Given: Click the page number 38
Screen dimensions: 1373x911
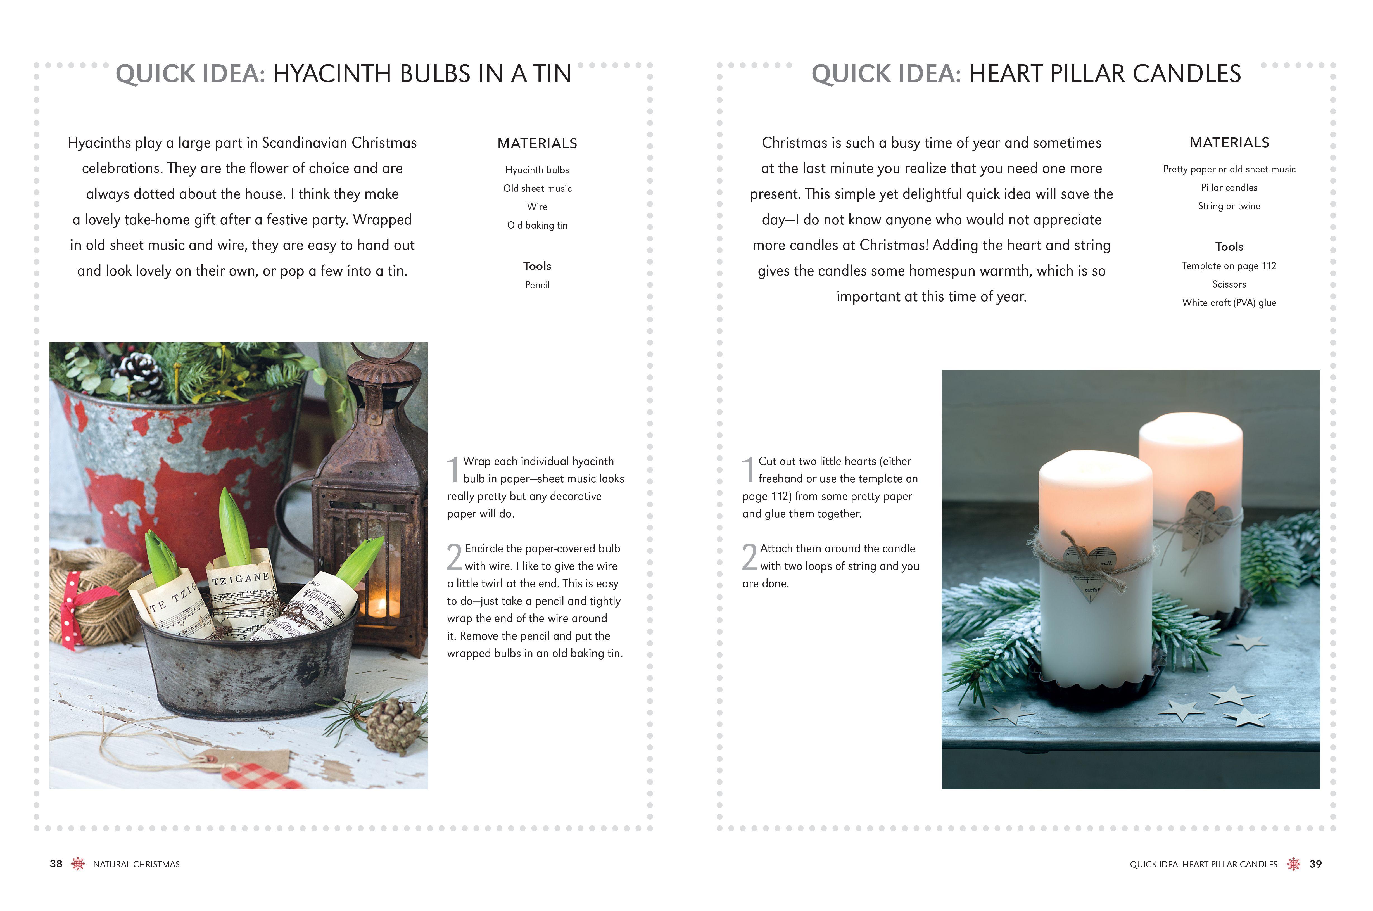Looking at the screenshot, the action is (56, 864).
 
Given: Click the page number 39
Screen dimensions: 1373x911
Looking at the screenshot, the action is (1315, 864).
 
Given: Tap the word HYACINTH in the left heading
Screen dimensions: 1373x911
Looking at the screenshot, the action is (332, 74).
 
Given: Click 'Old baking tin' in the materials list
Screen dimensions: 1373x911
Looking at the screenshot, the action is (537, 226).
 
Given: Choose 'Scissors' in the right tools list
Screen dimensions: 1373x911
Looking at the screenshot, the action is (1229, 284).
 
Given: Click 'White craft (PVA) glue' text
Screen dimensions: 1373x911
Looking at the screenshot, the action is (1229, 303).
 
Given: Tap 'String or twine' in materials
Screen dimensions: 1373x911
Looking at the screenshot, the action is (1229, 206).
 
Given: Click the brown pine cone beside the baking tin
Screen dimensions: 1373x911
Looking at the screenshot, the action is (395, 723).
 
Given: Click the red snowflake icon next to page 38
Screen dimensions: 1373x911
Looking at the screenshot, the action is (77, 864).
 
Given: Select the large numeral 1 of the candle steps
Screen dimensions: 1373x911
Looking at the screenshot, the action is (749, 469).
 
